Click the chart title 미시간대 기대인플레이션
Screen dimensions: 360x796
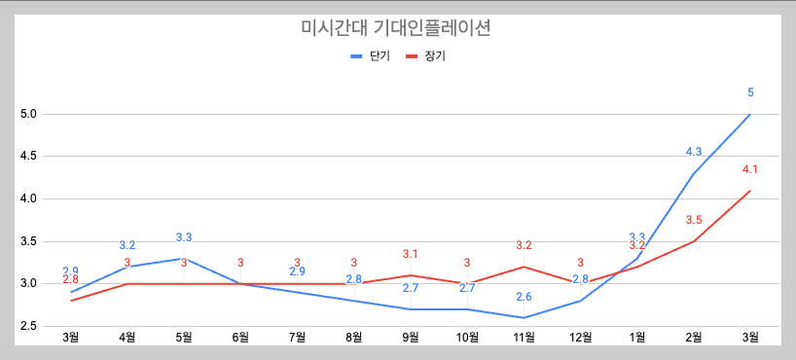tap(397, 28)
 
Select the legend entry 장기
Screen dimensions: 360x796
tap(434, 56)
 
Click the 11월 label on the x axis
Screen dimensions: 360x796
tap(524, 338)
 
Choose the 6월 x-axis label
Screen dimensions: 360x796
tap(240, 338)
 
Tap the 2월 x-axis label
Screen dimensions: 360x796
tap(693, 338)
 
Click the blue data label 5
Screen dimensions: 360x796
tap(750, 92)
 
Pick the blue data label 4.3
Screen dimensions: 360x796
tap(694, 152)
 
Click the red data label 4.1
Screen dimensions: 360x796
tap(750, 169)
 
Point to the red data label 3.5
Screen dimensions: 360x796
tap(694, 220)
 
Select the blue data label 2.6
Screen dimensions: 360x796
tap(524, 297)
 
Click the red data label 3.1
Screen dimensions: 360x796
tap(411, 254)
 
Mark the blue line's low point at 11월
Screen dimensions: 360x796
tap(524, 317)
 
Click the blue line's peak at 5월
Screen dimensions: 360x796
tap(184, 258)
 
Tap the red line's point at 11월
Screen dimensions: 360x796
tap(524, 267)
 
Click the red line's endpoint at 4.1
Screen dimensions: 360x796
tap(750, 191)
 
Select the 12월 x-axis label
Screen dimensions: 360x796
tap(580, 338)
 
